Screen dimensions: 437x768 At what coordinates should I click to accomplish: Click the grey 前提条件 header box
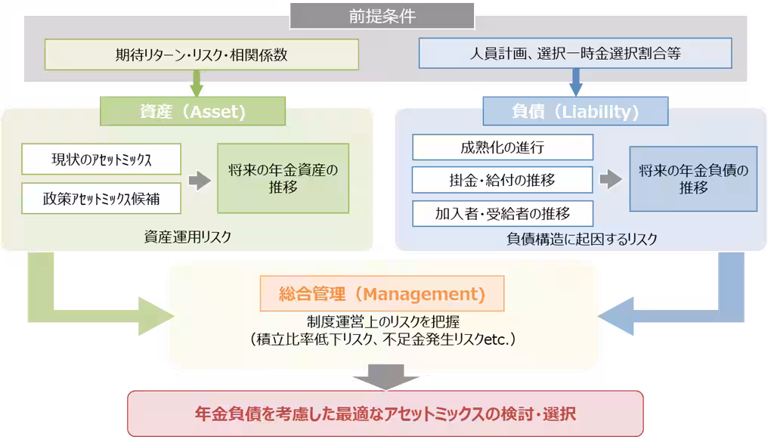coord(382,15)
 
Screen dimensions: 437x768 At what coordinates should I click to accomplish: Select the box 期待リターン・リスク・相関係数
coord(201,54)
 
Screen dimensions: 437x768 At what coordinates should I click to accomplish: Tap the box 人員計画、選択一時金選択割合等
coord(574,54)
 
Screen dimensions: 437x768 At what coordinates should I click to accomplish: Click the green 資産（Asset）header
coord(193,112)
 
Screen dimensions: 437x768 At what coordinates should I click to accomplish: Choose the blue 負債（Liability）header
coord(575,112)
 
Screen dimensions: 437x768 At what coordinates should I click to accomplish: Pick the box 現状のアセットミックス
coord(101,159)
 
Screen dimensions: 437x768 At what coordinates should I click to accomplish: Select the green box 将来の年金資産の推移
coord(283,178)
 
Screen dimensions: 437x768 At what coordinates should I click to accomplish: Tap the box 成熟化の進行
coord(502,147)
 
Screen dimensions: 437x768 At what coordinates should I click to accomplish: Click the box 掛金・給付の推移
coord(502,180)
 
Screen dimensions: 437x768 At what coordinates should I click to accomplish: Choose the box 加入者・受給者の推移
coord(502,212)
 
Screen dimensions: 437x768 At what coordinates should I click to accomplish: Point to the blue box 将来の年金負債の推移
coord(693,179)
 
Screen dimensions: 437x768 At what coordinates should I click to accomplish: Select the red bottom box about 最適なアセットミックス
coord(385,414)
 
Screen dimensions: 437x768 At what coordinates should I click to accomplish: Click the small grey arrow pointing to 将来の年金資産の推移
coord(199,180)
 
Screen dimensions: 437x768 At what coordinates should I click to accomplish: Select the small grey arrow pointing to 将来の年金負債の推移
coord(610,180)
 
